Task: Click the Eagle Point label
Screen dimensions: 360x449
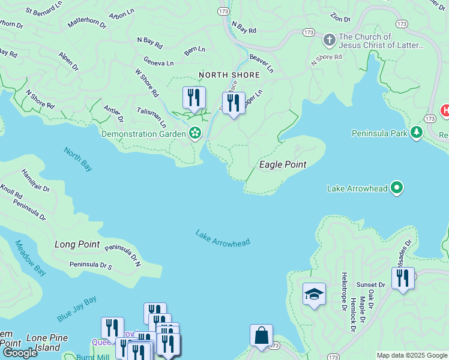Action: pos(282,164)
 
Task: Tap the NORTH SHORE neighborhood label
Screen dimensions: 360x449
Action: pos(229,75)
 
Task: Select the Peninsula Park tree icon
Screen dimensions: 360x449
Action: pos(417,133)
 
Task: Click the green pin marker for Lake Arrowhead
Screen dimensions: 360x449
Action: pos(396,188)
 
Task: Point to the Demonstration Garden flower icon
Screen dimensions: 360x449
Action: pos(194,133)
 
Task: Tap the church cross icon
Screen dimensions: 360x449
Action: pos(329,40)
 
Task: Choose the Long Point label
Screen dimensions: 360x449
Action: pos(77,244)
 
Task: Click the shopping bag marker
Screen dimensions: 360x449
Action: pos(261,335)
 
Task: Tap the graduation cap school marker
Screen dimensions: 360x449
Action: pos(314,294)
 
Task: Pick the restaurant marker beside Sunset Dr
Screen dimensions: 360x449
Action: pos(403,278)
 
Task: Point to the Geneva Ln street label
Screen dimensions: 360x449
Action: pos(158,61)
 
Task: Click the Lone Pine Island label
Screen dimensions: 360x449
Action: pos(47,343)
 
